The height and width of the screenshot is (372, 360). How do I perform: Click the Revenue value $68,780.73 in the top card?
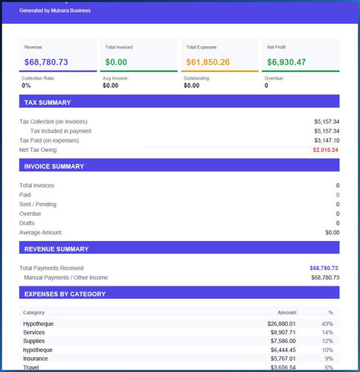pyautogui.click(x=46, y=62)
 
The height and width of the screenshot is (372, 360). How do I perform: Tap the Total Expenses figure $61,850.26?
pyautogui.click(x=208, y=62)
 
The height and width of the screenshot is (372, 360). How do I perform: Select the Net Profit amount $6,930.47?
pyautogui.click(x=286, y=62)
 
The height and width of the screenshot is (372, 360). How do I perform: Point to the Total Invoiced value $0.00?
pyautogui.click(x=116, y=62)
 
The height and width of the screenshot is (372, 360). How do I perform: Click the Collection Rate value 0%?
pyautogui.click(x=26, y=86)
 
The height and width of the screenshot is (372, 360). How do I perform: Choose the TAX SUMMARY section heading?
pyautogui.click(x=48, y=103)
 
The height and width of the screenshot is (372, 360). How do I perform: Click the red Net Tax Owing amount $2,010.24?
pyautogui.click(x=326, y=150)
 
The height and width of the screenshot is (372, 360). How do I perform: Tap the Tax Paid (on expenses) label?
pyautogui.click(x=49, y=141)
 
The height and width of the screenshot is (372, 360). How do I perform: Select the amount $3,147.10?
pyautogui.click(x=327, y=141)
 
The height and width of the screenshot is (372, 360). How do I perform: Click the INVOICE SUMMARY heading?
pyautogui.click(x=54, y=167)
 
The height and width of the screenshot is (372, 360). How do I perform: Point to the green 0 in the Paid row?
pyautogui.click(x=338, y=195)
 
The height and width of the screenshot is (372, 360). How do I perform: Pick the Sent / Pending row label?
pyautogui.click(x=38, y=205)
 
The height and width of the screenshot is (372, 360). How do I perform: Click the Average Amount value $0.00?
pyautogui.click(x=332, y=233)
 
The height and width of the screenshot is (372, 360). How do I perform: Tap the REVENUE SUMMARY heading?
pyautogui.click(x=57, y=249)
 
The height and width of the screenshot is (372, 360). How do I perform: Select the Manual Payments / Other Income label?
pyautogui.click(x=66, y=278)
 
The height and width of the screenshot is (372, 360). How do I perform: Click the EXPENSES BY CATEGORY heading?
pyautogui.click(x=65, y=294)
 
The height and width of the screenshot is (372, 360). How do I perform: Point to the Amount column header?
pyautogui.click(x=287, y=312)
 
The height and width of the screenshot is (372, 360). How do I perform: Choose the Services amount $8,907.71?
pyautogui.click(x=283, y=333)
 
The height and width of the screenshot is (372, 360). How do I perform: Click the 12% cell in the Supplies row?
pyautogui.click(x=327, y=341)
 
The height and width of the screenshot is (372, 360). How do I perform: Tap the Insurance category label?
pyautogui.click(x=36, y=359)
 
